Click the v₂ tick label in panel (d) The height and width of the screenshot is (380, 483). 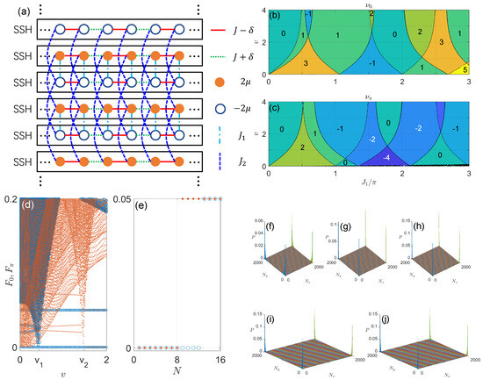[85, 362]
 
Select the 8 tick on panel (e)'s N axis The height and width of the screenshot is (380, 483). [179, 362]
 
